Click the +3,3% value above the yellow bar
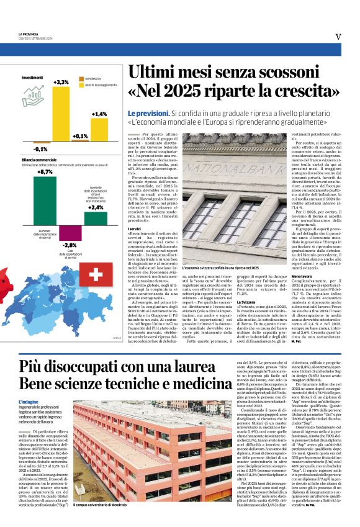coord(61,82)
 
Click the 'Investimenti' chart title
coord(32,78)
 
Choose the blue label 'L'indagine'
coord(30,403)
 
